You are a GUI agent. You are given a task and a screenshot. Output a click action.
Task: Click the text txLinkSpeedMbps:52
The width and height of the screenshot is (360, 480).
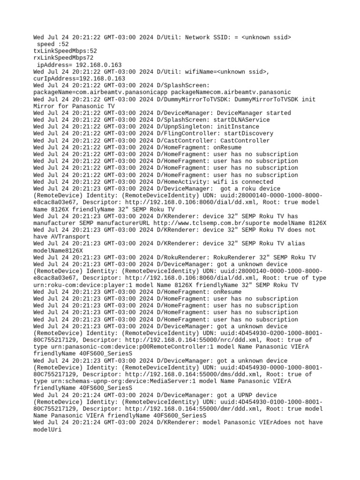pyautogui.click(x=65, y=51)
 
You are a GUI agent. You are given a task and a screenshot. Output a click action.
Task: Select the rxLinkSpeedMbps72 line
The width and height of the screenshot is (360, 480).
pyautogui.click(x=63, y=58)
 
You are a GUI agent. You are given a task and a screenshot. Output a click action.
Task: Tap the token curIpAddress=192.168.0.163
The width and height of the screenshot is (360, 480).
pyautogui.click(x=79, y=79)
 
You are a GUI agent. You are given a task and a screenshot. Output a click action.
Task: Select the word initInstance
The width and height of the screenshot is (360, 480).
pyautogui.click(x=238, y=127)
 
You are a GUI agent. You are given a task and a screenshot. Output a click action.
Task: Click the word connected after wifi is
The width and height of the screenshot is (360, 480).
pyautogui.click(x=257, y=182)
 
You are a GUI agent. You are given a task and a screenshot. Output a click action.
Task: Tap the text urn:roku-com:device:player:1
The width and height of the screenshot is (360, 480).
pyautogui.click(x=81, y=285)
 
